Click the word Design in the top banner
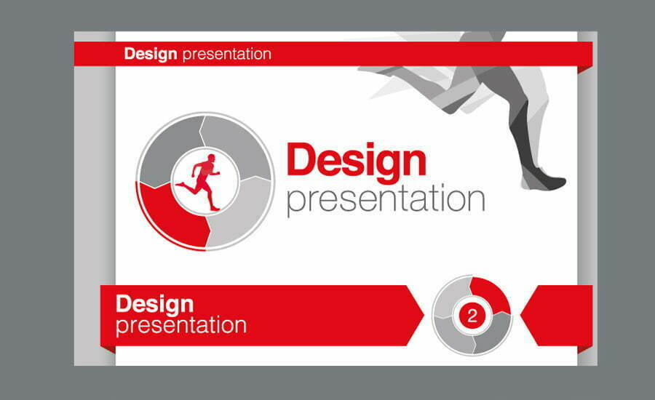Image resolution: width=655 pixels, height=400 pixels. point(151,55)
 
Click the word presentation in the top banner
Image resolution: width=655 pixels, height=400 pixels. point(227,55)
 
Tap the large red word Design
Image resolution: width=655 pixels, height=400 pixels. point(357,162)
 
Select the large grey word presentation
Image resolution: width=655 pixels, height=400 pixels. point(386,200)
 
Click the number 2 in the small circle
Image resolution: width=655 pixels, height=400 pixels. point(472,316)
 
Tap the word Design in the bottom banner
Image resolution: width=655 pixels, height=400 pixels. point(154,305)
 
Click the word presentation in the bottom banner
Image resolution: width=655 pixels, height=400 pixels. point(181,325)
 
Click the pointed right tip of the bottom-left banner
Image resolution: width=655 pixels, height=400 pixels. point(424,316)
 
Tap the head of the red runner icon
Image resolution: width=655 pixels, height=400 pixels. point(211,159)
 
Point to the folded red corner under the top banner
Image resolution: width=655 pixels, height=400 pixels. point(585,69)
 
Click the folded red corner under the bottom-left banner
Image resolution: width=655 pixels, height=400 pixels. point(108,350)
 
